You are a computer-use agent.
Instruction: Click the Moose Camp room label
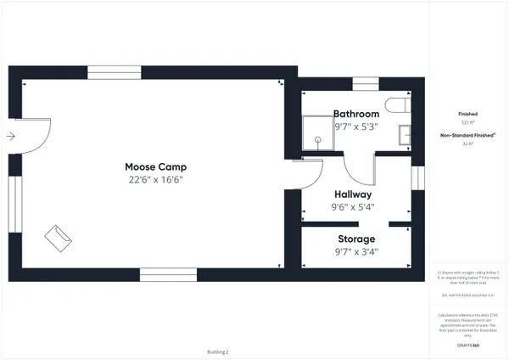pyautogui.click(x=155, y=166)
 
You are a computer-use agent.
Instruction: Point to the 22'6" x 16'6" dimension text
pyautogui.click(x=155, y=180)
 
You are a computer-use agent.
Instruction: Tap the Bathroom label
pyautogui.click(x=355, y=114)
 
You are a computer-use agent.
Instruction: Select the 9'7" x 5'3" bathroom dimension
pyautogui.click(x=355, y=127)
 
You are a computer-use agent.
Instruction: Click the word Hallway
pyautogui.click(x=352, y=194)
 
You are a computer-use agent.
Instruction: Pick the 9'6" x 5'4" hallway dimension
pyautogui.click(x=352, y=207)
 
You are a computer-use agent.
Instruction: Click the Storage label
pyautogui.click(x=356, y=239)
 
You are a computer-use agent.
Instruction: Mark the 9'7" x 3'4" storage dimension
pyautogui.click(x=356, y=251)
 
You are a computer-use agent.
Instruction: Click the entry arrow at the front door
pyautogui.click(x=9, y=136)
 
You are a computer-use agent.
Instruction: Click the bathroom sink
pyautogui.click(x=405, y=135)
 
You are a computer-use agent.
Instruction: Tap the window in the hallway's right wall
pyautogui.click(x=417, y=178)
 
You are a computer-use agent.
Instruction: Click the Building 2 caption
pyautogui.click(x=218, y=351)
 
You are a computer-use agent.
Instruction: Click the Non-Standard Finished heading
pyautogui.click(x=467, y=135)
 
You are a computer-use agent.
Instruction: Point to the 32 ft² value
pyautogui.click(x=467, y=144)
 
